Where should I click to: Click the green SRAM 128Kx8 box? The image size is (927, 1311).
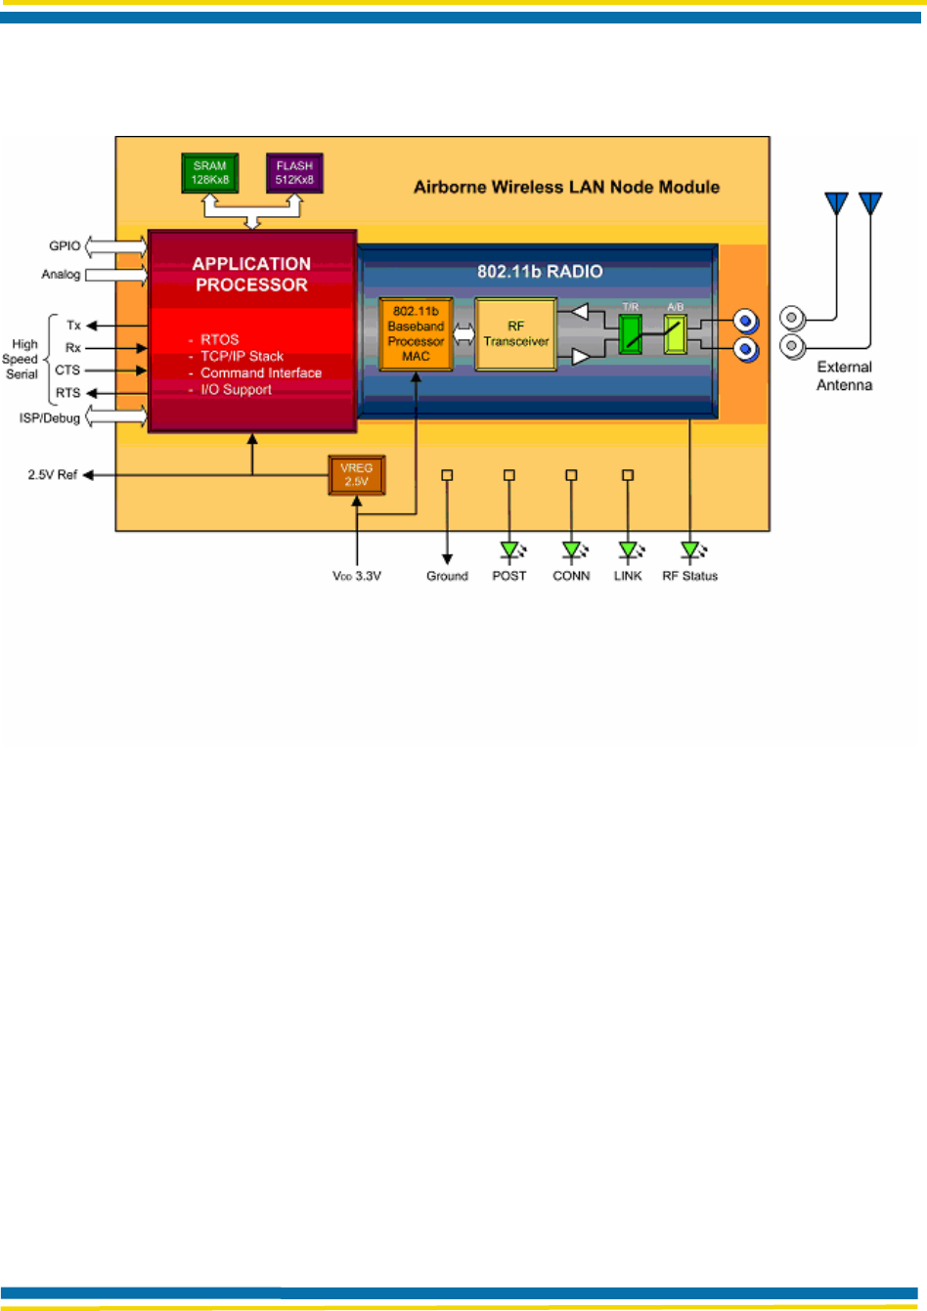[x=210, y=173]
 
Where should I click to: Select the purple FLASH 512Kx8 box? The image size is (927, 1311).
[x=294, y=173]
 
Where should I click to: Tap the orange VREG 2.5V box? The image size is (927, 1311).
[x=356, y=475]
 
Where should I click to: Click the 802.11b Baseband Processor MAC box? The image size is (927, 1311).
[x=416, y=334]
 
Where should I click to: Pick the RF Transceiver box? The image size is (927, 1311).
[x=515, y=334]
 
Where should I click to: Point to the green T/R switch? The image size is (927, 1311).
[x=631, y=334]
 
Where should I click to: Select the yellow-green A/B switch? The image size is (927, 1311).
[x=675, y=334]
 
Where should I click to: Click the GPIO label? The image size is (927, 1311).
[x=65, y=246]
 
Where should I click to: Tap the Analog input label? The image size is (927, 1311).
[x=61, y=275]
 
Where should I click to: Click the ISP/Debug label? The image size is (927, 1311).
[x=50, y=418]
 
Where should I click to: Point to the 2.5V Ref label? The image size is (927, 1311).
[x=52, y=475]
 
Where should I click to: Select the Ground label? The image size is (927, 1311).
[x=447, y=577]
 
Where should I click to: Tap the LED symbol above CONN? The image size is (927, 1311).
[x=572, y=551]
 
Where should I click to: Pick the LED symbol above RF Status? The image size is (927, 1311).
[x=691, y=551]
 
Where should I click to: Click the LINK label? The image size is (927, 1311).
[x=628, y=577]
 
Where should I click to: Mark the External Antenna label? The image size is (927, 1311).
[x=845, y=376]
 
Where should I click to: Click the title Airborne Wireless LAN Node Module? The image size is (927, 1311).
[x=566, y=188]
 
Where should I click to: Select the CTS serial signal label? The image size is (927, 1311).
[x=67, y=371]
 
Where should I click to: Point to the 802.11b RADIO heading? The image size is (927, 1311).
[x=540, y=272]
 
